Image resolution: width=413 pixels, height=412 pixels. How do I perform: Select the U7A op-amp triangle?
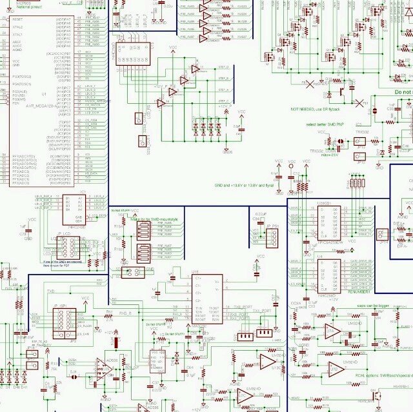click(333, 332)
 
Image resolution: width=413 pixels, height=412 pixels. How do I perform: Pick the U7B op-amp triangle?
click(335, 369)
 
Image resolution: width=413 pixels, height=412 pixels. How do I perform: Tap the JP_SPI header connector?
click(65, 322)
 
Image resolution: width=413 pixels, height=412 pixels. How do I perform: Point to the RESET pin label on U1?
click(17, 19)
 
